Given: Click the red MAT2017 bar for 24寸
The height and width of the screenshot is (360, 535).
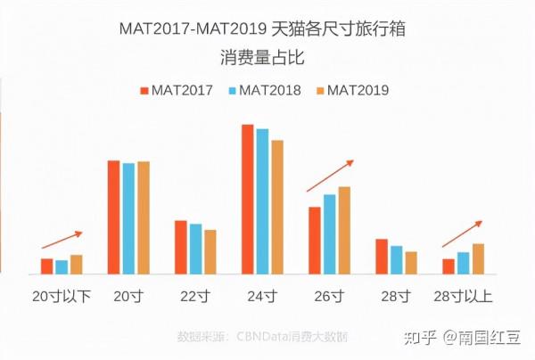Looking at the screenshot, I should coord(248,200).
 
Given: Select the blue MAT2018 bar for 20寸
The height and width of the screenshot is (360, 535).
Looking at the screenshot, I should coord(128,219).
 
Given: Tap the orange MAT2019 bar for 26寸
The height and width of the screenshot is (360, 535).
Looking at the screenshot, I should coord(344,231).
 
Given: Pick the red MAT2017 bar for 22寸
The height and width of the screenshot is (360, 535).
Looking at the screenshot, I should coord(181,248).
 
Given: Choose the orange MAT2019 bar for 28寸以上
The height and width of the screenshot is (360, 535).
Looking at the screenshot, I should coord(478,259).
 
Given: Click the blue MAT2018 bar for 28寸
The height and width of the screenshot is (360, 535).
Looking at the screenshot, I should coord(397,260).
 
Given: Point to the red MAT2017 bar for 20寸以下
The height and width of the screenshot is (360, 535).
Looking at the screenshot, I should coord(47,266).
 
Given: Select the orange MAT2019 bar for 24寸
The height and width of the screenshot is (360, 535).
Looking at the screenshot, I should coord(277,208).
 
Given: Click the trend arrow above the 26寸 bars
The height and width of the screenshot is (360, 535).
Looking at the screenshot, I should coord(330,176).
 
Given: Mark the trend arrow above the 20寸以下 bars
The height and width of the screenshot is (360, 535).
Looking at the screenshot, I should coord(62,240).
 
